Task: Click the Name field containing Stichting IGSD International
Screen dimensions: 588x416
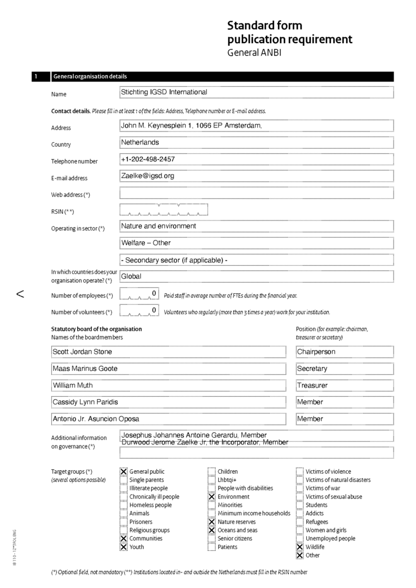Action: pyautogui.click(x=256, y=92)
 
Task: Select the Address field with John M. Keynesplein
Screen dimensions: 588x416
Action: pyautogui.click(x=256, y=126)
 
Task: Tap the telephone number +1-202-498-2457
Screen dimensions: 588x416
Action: pyautogui.click(x=256, y=159)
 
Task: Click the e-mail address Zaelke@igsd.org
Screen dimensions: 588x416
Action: pyautogui.click(x=256, y=176)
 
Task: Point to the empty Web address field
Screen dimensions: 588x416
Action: pyautogui.click(x=256, y=193)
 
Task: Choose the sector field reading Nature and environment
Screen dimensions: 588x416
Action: pyautogui.click(x=256, y=226)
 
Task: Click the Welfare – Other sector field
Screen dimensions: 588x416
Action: pyautogui.click(x=256, y=243)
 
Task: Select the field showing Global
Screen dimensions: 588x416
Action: pyautogui.click(x=256, y=276)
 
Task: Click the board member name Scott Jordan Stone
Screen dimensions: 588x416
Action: pyautogui.click(x=168, y=351)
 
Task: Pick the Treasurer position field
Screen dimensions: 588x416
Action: pyautogui.click(x=344, y=385)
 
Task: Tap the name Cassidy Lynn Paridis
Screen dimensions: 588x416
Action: pyautogui.click(x=168, y=402)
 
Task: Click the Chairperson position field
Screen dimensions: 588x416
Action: pyautogui.click(x=344, y=351)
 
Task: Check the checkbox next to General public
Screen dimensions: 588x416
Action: pyautogui.click(x=124, y=471)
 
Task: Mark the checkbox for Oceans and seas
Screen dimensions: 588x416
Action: pyautogui.click(x=211, y=530)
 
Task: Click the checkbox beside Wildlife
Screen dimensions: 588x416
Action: pyautogui.click(x=299, y=547)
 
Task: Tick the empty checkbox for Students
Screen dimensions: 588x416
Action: pyautogui.click(x=299, y=505)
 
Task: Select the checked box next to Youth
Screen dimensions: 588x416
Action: pyautogui.click(x=124, y=547)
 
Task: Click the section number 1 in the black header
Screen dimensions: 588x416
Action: pyautogui.click(x=36, y=76)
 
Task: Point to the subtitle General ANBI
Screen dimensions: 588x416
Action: pyautogui.click(x=255, y=53)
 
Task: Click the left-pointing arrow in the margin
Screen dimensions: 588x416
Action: pyautogui.click(x=20, y=295)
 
